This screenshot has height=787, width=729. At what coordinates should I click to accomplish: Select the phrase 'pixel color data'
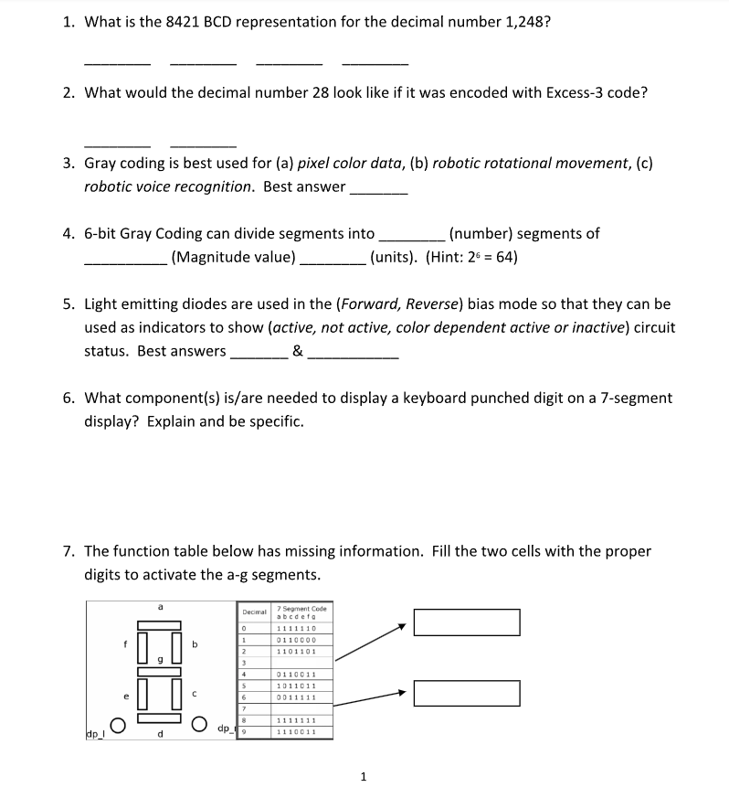[354, 164]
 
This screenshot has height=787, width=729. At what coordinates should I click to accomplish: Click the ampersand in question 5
[298, 351]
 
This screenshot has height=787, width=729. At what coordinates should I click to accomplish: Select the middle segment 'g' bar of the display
[160, 671]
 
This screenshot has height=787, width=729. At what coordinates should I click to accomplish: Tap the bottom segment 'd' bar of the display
[160, 718]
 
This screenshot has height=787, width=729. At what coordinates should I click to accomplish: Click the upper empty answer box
[466, 622]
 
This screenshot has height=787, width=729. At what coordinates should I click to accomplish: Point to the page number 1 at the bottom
[364, 777]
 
